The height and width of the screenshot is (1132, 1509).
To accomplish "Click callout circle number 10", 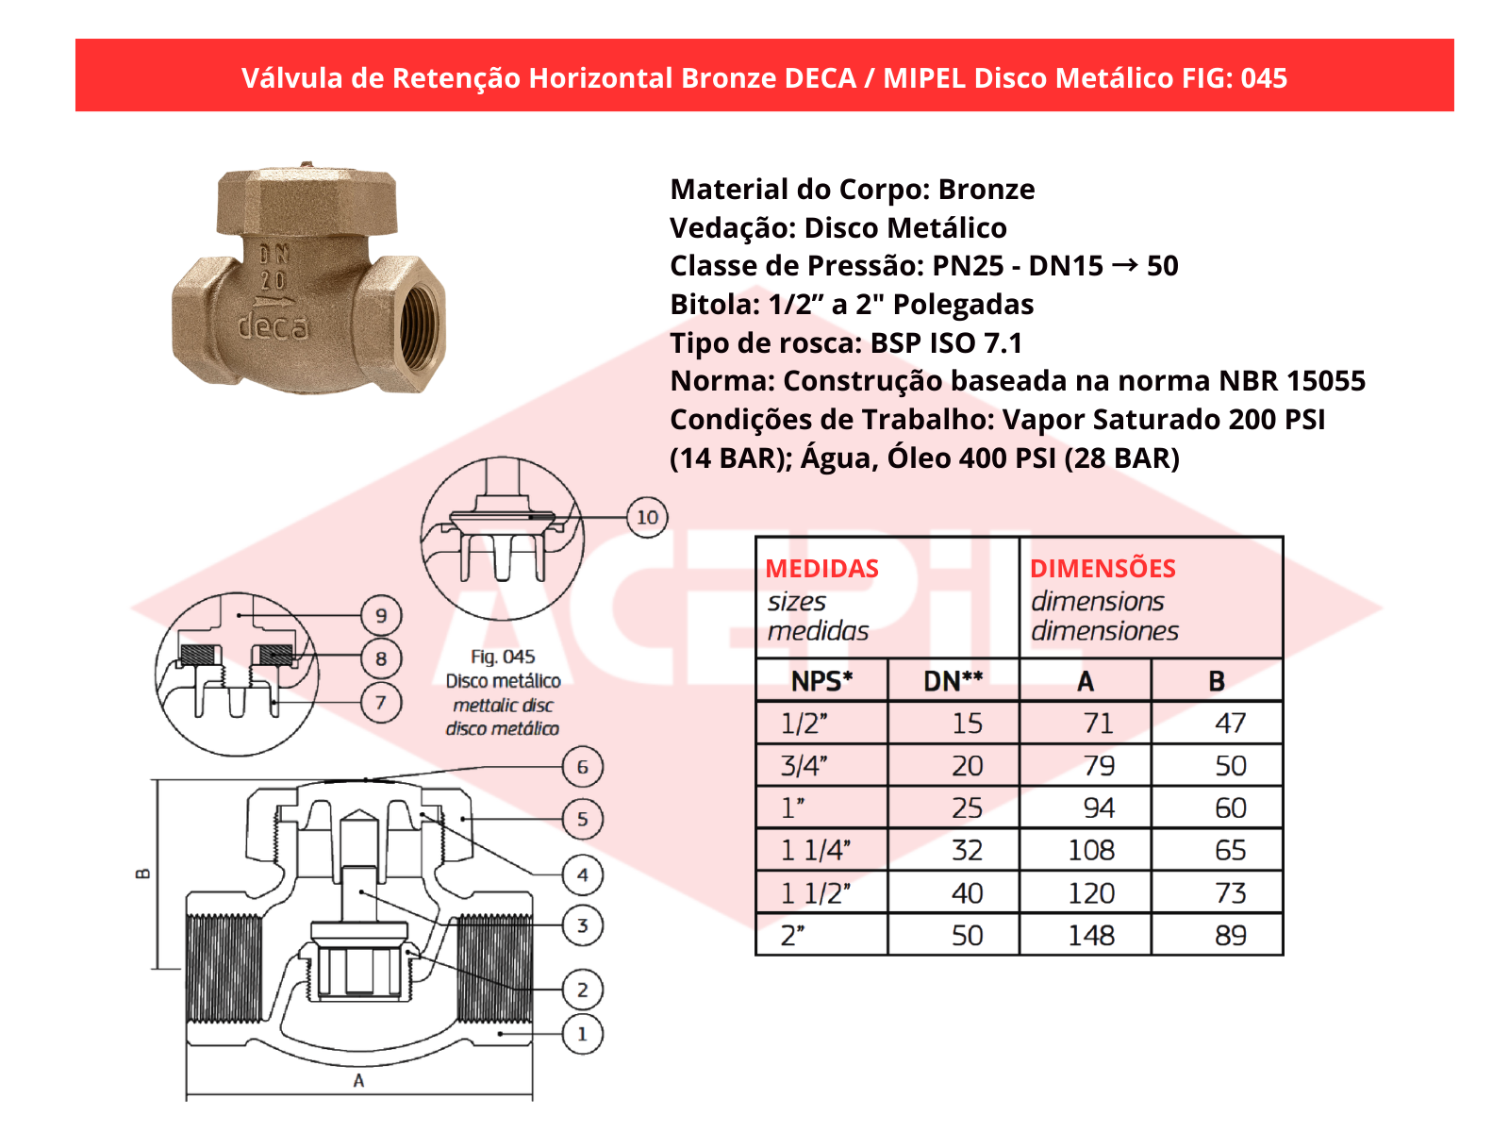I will [647, 517].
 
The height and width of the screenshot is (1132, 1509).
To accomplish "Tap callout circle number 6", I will [582, 767].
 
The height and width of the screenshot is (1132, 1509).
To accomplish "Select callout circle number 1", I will [582, 1034].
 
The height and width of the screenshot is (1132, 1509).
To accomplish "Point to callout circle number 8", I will [381, 658].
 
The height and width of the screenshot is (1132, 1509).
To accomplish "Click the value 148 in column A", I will [1091, 936].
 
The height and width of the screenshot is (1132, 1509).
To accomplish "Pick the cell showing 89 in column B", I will [1230, 936].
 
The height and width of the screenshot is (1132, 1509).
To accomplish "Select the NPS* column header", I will [821, 681].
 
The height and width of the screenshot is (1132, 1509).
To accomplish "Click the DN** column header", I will [953, 681].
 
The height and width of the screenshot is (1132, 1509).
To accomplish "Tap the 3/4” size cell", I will [804, 766].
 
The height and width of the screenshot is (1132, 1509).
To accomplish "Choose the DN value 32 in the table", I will [967, 851].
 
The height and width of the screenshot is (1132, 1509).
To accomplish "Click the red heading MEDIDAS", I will [821, 569].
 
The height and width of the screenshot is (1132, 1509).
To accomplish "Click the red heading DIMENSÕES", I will [1103, 569].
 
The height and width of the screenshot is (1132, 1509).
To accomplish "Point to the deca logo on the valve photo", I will [273, 326].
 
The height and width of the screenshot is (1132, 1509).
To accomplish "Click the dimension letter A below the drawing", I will [358, 1081].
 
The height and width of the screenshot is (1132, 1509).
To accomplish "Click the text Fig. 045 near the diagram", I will [503, 657].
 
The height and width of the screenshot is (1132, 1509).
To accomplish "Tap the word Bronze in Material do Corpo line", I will [986, 190].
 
